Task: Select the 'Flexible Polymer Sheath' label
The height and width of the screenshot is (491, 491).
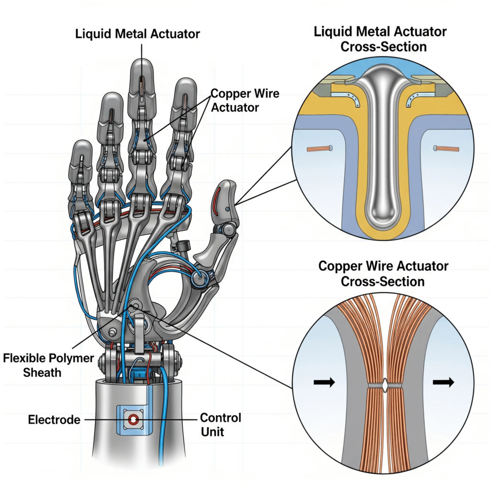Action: click(42, 364)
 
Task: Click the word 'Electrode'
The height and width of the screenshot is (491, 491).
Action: click(54, 420)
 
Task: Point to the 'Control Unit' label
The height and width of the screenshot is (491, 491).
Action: click(220, 425)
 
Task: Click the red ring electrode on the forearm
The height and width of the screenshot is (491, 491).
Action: click(132, 421)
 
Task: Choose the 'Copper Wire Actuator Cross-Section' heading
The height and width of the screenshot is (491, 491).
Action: click(383, 273)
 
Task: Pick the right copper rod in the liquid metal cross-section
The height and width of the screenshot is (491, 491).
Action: click(446, 149)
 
